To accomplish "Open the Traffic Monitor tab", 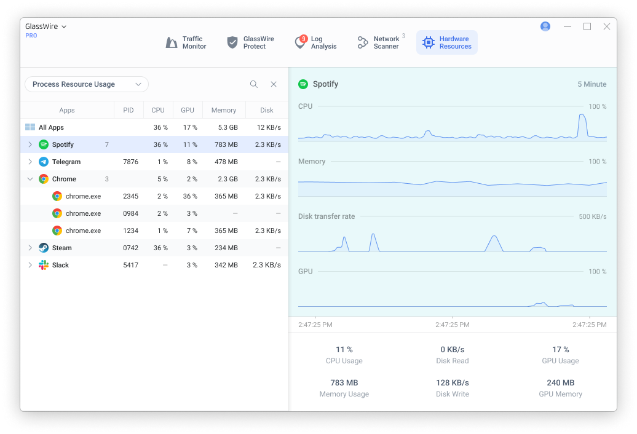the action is point(186,42).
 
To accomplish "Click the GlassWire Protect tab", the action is point(250,42).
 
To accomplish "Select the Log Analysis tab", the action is point(315,42).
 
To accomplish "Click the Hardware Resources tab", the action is point(447,42).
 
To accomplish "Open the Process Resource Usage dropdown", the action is point(87,84).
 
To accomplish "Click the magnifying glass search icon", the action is point(254,84).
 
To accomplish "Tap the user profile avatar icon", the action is point(545,26).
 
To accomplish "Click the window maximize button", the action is point(587,26).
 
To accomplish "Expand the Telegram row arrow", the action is point(30,162).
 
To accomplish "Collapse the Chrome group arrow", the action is point(30,179).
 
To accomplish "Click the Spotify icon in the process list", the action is point(44,144).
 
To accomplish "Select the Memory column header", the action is point(223,110).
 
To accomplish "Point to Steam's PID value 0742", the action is point(131,248).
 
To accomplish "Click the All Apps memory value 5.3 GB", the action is point(228,127).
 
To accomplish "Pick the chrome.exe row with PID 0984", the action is point(154,213).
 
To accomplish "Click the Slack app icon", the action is point(44,265).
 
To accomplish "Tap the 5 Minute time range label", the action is point(592,84).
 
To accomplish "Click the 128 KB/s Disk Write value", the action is point(452,383).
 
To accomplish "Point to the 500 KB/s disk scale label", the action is point(592,217).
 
